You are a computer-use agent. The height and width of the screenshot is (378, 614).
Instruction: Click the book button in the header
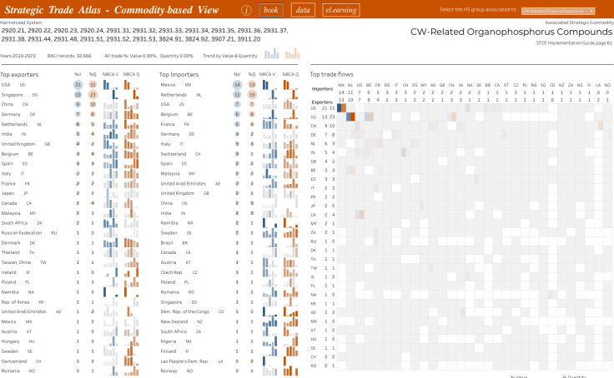tap(270, 10)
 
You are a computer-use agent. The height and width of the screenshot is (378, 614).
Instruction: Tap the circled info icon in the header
tap(247, 10)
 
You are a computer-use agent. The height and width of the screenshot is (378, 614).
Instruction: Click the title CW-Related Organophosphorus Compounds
tap(511, 32)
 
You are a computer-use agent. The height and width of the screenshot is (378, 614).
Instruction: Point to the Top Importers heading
tap(179, 74)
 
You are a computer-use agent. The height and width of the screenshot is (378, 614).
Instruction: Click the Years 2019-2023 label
tap(18, 55)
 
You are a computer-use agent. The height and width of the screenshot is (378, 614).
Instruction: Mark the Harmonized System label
tap(21, 22)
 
